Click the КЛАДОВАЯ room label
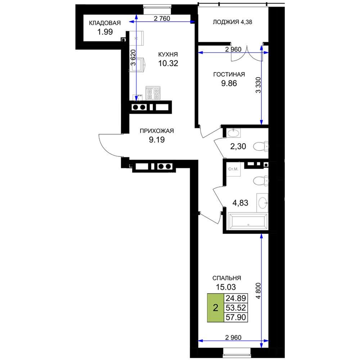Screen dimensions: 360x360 105,23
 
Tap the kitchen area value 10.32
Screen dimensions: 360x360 168,63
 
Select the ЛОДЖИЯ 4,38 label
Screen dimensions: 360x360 232,22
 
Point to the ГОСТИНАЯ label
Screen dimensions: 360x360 229,75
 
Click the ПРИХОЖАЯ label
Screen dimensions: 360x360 157,131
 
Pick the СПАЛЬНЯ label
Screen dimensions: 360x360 226,278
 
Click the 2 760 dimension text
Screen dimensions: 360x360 162,18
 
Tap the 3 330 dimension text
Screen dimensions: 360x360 258,85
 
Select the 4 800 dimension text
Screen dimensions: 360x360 258,291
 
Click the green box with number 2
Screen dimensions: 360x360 215,308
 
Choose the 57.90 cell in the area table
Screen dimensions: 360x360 236,317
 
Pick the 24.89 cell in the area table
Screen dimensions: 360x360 236,298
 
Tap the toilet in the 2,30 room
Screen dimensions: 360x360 261,146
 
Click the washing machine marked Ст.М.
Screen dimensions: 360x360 234,169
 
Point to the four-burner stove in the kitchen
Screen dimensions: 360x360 153,93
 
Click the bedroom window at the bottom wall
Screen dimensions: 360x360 237,352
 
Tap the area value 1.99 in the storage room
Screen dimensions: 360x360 105,32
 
